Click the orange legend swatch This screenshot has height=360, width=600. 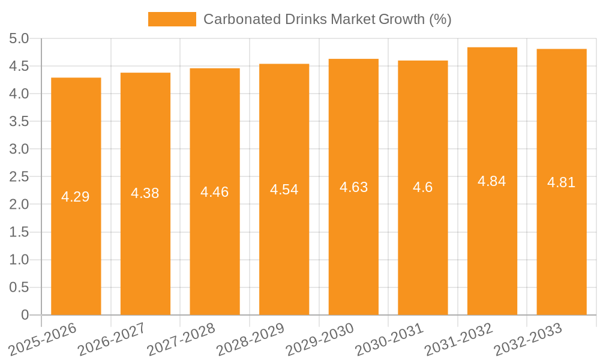172,19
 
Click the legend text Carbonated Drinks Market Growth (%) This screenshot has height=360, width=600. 327,19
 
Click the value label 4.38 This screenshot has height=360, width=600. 145,193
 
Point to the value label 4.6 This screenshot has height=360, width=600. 422,187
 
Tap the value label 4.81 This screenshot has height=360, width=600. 562,182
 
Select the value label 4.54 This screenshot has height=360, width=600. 284,190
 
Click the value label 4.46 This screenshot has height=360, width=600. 215,192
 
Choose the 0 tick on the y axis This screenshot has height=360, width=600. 25,315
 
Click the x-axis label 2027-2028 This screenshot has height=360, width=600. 181,340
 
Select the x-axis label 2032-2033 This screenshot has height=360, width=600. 527,340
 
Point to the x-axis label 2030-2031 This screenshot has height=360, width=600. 389,340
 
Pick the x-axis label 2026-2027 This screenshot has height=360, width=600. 112,340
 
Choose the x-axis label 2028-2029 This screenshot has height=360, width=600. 250,340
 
